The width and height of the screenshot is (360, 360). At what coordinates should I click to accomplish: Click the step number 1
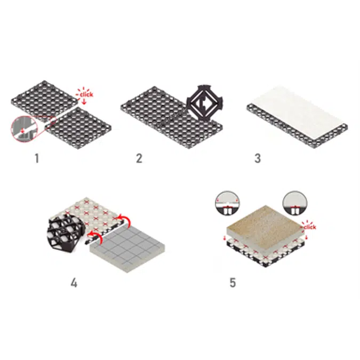(x=37, y=158)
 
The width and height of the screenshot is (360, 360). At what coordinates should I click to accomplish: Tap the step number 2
(x=139, y=158)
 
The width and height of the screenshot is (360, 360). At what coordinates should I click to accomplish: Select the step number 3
(x=258, y=158)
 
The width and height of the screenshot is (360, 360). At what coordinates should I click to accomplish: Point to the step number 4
(x=74, y=282)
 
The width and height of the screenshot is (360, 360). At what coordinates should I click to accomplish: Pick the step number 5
(x=233, y=282)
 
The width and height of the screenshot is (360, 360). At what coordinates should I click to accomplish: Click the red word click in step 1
(x=86, y=94)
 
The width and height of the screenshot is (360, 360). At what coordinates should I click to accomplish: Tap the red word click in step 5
(x=309, y=227)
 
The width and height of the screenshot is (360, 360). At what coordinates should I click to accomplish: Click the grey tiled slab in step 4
(x=129, y=246)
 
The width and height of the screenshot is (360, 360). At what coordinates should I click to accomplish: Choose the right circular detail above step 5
(x=294, y=201)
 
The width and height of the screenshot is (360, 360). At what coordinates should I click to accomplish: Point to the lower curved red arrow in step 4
(x=95, y=236)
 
